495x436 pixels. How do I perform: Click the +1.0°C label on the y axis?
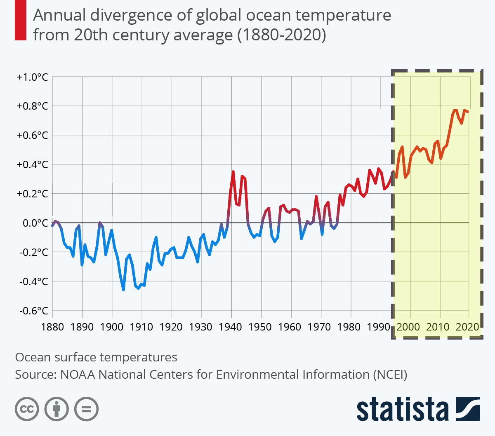coord(33,77)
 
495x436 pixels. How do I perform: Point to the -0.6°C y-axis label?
coord(33,311)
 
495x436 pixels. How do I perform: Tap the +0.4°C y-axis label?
coord(33,165)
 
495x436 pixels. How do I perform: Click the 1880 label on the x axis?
coord(52,327)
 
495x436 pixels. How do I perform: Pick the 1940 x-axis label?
coord(231,327)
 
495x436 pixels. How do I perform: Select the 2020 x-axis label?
coord(468,327)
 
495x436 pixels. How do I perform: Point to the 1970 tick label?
coord(320,327)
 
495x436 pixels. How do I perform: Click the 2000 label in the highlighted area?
coord(408,327)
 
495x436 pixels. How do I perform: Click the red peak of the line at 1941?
coord(233,171)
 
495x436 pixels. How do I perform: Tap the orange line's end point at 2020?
coord(468,112)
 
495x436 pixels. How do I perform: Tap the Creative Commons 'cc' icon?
coord(27,409)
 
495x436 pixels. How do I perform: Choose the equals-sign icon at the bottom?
coord(86,409)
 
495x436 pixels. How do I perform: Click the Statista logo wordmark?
coord(402,409)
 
